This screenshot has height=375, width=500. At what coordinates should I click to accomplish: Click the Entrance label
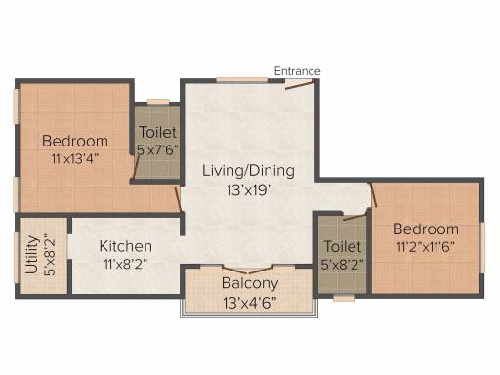297,71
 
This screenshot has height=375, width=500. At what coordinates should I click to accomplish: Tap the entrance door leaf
300,85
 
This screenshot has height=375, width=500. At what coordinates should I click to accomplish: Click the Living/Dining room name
248,171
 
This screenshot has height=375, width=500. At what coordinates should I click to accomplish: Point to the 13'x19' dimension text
249,190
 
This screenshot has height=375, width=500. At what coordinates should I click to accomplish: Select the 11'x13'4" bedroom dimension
75,159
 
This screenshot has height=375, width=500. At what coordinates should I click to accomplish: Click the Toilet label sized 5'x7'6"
158,132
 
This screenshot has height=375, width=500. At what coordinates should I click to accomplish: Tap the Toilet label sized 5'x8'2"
343,246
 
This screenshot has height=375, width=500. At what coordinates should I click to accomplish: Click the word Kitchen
126,246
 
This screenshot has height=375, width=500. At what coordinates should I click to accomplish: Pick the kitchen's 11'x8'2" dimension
126,264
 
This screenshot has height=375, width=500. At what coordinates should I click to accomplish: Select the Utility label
32,255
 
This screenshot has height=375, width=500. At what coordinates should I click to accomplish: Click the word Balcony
250,283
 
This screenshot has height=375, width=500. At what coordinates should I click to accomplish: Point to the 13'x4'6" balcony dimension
250,303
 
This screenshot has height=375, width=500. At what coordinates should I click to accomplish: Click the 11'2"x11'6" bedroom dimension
426,247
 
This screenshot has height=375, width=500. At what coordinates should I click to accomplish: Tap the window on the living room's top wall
242,80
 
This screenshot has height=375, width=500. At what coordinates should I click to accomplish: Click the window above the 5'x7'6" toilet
158,102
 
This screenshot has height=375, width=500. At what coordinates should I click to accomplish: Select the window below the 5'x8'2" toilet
345,298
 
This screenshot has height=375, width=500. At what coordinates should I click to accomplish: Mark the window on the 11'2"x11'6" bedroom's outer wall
482,248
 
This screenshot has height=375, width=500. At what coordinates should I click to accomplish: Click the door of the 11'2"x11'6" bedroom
373,194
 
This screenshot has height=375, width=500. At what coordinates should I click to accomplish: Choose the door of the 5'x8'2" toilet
354,217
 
